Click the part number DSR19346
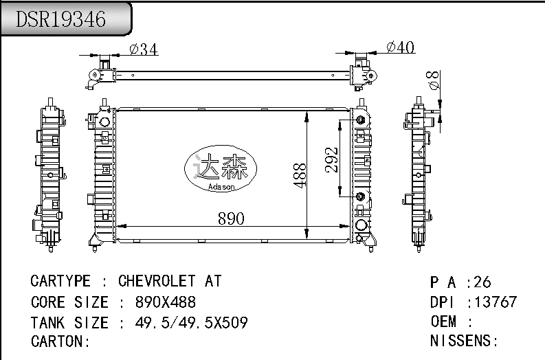[61, 19]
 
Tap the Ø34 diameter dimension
[144, 49]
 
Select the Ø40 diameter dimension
[401, 47]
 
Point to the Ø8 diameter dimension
[433, 80]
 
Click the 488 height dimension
[300, 175]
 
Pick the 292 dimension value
[331, 160]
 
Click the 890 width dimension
[231, 218]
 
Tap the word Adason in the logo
[221, 187]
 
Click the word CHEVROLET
[157, 281]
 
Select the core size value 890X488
[166, 302]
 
